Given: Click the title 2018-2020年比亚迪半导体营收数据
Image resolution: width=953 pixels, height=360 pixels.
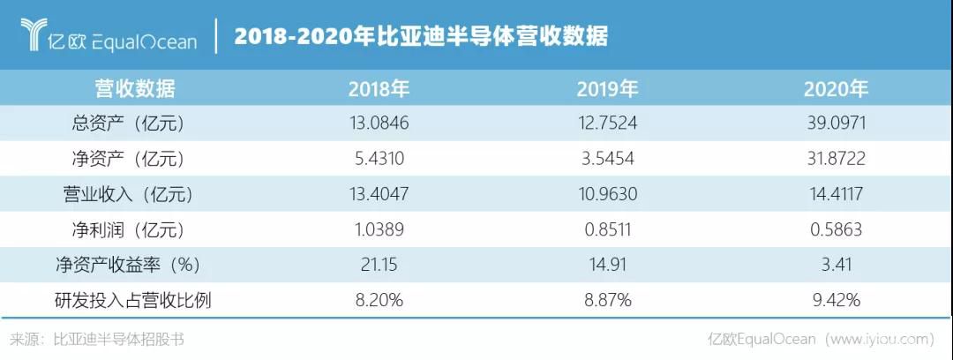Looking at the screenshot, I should coord(421,37).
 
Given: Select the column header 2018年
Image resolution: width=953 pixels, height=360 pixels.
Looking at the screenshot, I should coord(379,89).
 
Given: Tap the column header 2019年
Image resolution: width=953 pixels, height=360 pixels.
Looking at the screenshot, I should coord(608,89).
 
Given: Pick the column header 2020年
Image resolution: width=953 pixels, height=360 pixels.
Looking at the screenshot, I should coord(836,89).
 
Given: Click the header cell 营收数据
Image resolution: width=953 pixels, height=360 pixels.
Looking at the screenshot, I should coord(135,89).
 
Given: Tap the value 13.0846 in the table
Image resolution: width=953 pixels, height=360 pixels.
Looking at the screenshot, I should coord(379,123).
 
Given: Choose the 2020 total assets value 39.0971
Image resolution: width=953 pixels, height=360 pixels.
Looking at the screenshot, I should coord(836,123).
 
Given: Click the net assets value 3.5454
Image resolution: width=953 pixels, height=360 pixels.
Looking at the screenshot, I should coord(607,159).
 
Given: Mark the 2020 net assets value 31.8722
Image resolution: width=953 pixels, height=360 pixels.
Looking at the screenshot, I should coord(836,159).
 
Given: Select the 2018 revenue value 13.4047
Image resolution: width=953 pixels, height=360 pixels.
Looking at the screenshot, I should coord(379,194).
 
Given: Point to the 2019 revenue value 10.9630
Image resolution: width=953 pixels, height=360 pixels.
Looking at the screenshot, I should coord(607,194).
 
